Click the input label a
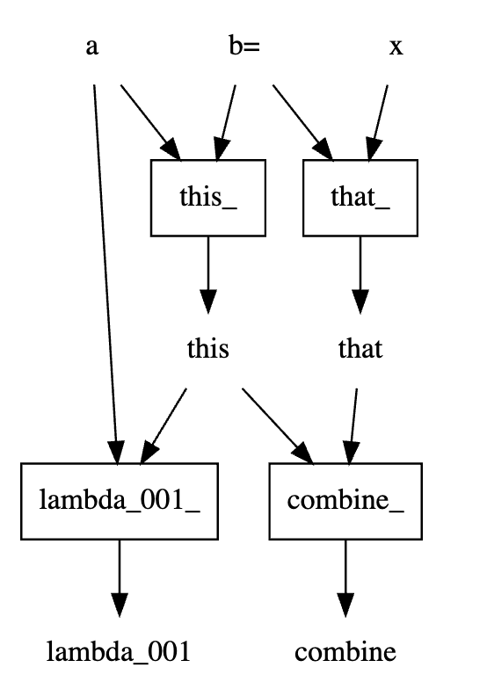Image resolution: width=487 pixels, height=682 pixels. click(x=91, y=47)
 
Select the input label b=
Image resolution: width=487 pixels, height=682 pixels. click(x=244, y=45)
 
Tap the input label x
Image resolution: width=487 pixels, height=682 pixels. click(x=396, y=47)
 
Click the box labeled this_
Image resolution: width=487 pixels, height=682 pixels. click(x=208, y=198)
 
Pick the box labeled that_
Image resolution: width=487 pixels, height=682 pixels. click(x=360, y=198)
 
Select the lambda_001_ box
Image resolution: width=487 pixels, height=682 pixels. click(x=120, y=501)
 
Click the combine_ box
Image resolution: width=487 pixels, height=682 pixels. click(x=345, y=501)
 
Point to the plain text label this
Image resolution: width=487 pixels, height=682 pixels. click(x=208, y=349)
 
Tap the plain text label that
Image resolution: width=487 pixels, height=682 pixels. click(x=360, y=349)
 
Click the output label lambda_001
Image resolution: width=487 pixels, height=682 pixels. click(x=119, y=652)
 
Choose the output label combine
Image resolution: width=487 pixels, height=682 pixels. click(x=345, y=652)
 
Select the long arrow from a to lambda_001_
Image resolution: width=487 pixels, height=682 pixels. click(x=105, y=275)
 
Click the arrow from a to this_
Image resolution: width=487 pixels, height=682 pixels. click(x=150, y=123)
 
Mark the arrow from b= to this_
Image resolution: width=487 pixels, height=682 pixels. click(x=225, y=123)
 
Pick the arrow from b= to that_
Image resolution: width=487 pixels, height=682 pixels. click(x=303, y=123)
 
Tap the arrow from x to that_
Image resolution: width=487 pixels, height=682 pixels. click(x=378, y=123)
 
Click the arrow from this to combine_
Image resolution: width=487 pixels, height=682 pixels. click(x=278, y=426)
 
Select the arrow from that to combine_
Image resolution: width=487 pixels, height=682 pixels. click(x=353, y=426)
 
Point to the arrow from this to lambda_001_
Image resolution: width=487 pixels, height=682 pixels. click(x=164, y=426)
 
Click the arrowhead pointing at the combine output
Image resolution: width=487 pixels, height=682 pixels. click(x=345, y=605)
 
